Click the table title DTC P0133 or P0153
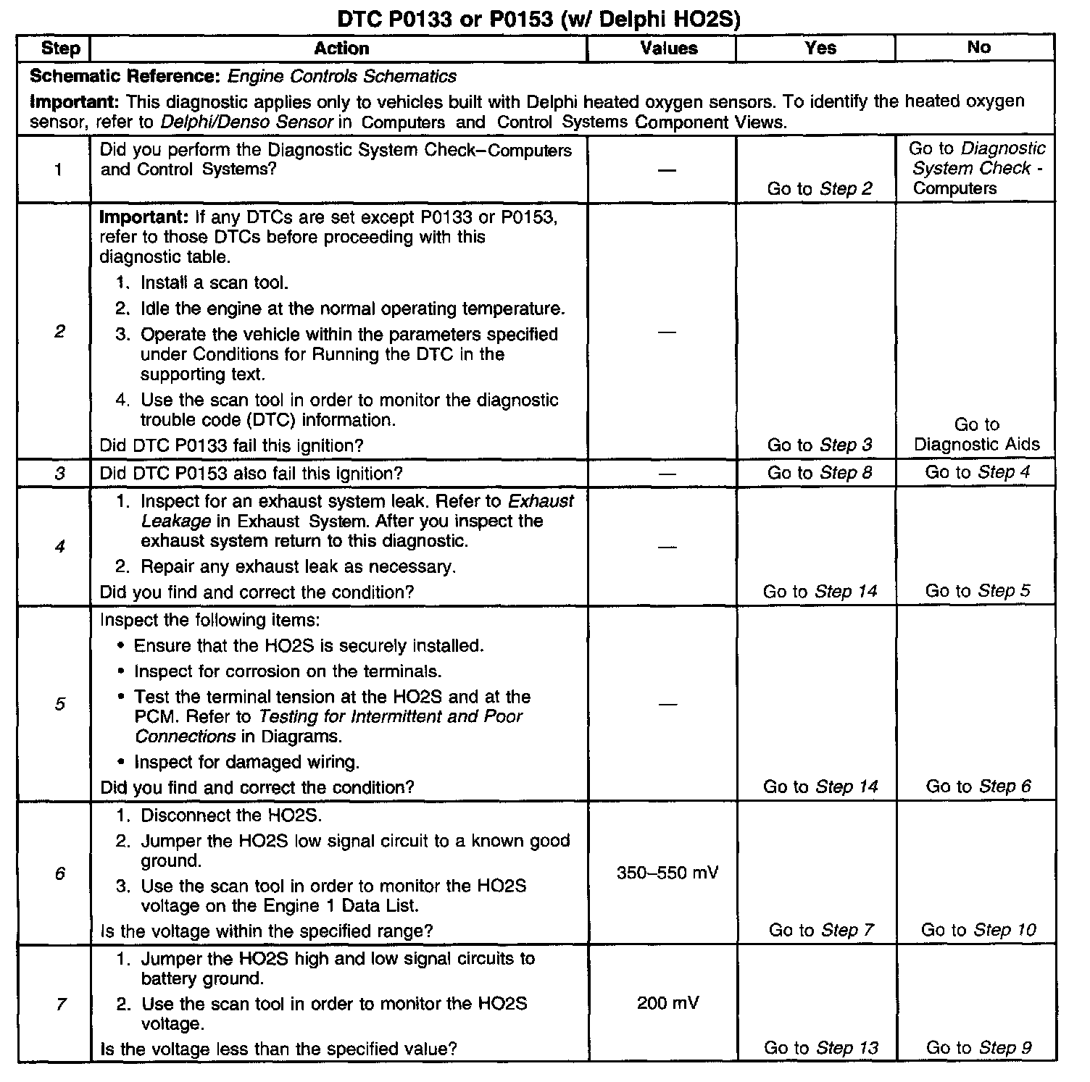[x=540, y=19]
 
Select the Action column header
[x=341, y=49]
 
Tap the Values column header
[x=668, y=49]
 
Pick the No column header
[x=978, y=47]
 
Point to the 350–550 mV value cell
[x=667, y=873]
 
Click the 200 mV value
[x=667, y=1003]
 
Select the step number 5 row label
[x=59, y=703]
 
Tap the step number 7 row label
[x=60, y=1004]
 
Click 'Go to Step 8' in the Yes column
[x=819, y=473]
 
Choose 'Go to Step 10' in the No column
[x=978, y=930]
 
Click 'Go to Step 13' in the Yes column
[x=820, y=1048]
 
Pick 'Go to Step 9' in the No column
[x=978, y=1048]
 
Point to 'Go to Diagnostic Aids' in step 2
[x=976, y=435]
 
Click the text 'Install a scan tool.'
[x=214, y=282]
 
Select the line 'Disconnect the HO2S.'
[x=230, y=815]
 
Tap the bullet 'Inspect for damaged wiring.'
[x=246, y=762]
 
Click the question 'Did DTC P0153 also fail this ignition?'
[x=251, y=474]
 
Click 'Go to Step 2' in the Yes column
[x=819, y=189]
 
